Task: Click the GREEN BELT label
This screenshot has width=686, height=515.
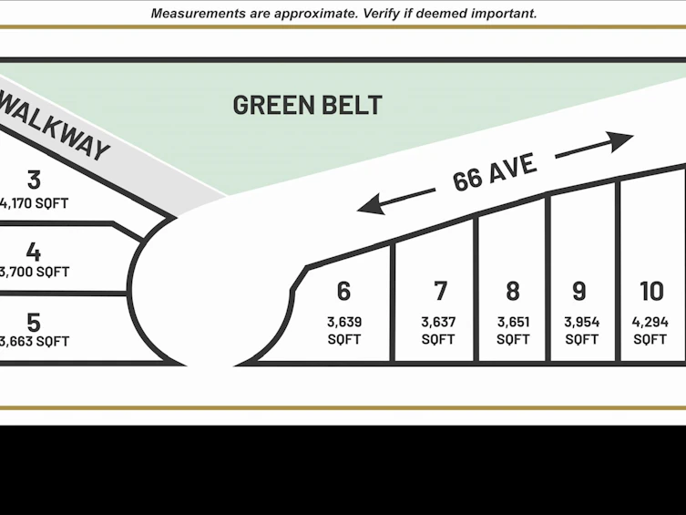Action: tap(308, 105)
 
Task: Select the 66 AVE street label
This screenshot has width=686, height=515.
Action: tap(495, 172)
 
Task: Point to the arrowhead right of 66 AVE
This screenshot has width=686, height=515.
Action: tap(621, 141)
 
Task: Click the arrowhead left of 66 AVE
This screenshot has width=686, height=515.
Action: tap(371, 205)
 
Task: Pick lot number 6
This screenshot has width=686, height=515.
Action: tap(343, 291)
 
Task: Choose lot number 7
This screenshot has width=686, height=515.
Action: tap(441, 291)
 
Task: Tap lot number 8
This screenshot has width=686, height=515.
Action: tap(513, 291)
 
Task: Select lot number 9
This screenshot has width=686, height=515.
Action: tap(579, 291)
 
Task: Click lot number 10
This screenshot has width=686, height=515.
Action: tap(652, 291)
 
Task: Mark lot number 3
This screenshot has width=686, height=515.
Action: tap(34, 180)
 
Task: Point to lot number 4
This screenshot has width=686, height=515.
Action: tap(34, 252)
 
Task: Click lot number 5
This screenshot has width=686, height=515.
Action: tap(34, 323)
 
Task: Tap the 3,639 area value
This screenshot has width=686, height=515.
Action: tap(344, 322)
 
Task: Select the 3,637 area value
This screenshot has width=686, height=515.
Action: tap(438, 322)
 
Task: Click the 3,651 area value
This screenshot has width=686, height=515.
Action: tap(513, 322)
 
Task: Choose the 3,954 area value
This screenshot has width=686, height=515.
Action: tap(581, 322)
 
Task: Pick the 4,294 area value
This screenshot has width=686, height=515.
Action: tap(650, 322)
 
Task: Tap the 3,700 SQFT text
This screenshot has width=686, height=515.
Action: tap(34, 273)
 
